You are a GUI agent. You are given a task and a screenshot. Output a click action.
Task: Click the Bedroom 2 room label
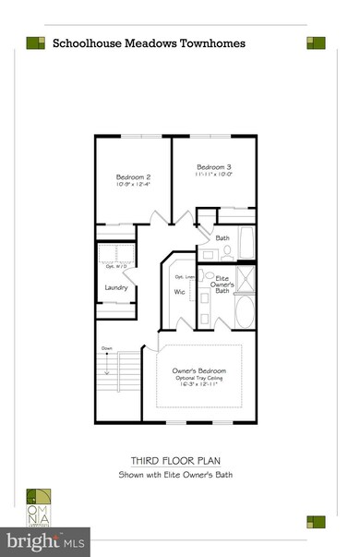click(133, 177)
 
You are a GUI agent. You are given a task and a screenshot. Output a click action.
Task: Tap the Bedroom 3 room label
click(212, 164)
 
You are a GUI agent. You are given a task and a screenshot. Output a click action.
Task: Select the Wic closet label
click(179, 293)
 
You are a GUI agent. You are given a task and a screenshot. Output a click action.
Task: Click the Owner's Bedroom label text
click(199, 370)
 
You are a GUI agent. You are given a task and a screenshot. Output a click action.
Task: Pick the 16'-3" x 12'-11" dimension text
click(199, 389)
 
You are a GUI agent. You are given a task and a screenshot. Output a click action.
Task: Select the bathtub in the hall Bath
click(246, 244)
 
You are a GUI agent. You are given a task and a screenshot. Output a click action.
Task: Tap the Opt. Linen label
click(184, 275)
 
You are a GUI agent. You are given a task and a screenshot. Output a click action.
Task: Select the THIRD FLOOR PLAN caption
click(179, 459)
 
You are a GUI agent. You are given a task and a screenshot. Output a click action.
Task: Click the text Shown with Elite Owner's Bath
click(179, 476)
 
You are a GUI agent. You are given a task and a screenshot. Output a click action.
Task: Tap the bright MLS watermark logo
click(43, 538)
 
